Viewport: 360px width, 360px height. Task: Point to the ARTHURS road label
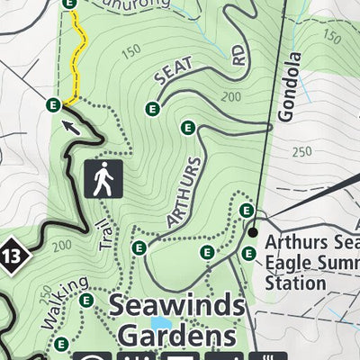coord(183,193)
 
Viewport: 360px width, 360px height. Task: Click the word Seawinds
coord(176,305)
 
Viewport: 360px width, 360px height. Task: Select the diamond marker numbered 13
coord(11,254)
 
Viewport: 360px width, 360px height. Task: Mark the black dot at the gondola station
coord(255,232)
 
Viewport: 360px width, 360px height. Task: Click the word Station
coord(295,283)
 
